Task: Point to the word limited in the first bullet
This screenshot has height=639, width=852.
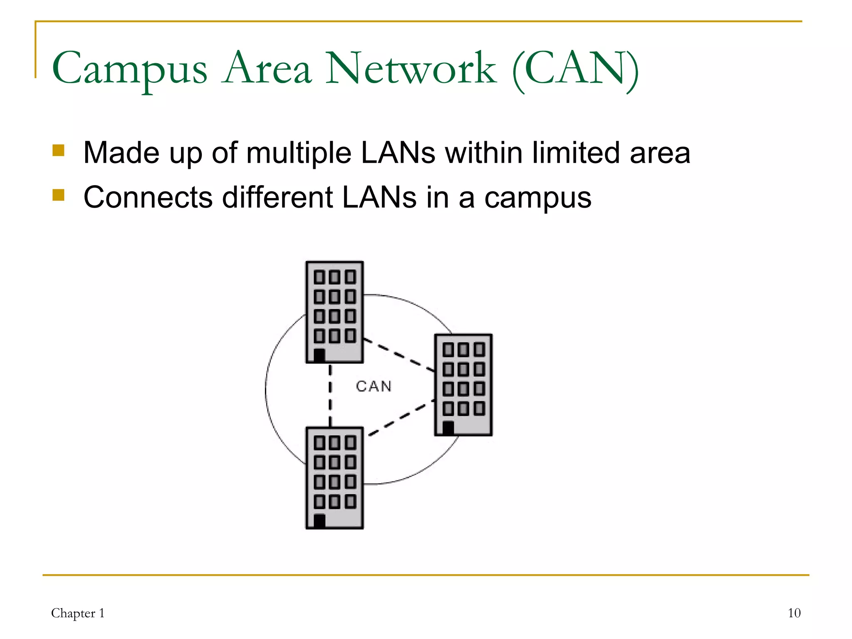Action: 576,153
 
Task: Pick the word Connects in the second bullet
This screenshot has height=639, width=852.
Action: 148,197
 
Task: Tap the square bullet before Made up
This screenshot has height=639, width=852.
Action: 58,150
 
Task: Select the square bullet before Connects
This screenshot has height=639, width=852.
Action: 58,195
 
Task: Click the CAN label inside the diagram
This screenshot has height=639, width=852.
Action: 374,386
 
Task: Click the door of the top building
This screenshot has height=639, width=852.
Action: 319,356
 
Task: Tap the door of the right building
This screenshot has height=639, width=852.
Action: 448,428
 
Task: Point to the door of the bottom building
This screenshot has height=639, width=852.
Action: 319,521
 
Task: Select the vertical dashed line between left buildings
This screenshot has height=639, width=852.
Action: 330,395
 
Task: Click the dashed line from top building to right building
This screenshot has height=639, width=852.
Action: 399,355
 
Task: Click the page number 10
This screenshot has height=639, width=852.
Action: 794,613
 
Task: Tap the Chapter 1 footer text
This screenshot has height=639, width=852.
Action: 78,613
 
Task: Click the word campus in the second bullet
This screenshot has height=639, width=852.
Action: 537,198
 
